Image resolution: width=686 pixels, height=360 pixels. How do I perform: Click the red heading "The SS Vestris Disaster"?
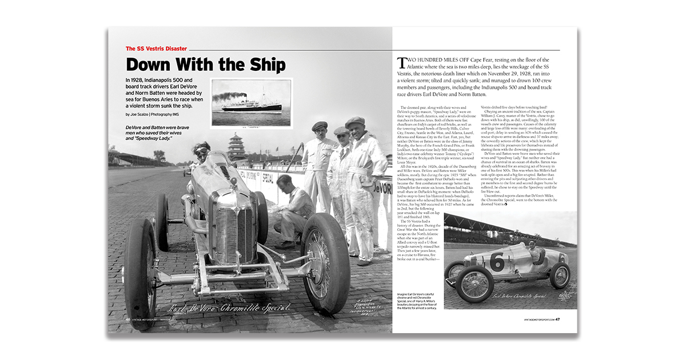coord(157,49)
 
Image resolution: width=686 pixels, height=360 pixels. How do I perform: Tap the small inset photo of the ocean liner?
coord(252,97)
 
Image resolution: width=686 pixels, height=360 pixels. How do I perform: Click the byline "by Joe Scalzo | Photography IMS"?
coord(158,114)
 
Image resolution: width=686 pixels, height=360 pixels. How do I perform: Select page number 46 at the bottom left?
coord(129,319)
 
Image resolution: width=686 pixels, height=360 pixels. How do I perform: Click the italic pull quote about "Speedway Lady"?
coord(158,133)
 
